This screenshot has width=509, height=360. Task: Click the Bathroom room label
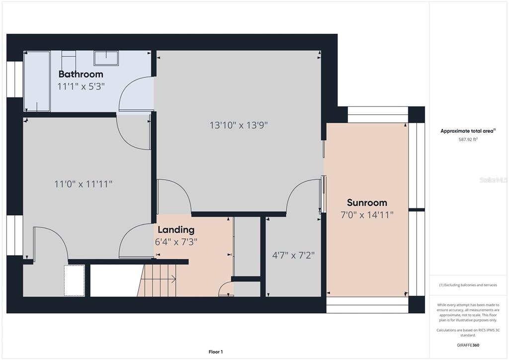click(81, 74)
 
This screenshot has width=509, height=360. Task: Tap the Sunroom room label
click(367, 202)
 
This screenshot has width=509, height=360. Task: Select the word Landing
click(176, 230)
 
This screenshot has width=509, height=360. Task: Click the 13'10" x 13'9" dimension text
click(239, 125)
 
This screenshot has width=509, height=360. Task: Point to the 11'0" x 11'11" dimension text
click(83, 184)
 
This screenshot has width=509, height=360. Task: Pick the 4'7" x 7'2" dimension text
click(293, 255)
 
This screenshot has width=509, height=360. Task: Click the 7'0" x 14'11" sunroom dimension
click(367, 215)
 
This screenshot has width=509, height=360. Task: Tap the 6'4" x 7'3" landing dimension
click(176, 242)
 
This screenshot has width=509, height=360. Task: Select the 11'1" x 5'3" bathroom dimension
click(81, 87)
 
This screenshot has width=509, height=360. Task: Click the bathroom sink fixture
click(106, 58)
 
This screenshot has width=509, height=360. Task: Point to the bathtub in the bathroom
click(37, 81)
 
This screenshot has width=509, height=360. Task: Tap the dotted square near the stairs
click(75, 280)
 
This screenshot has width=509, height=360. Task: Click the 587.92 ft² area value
click(468, 140)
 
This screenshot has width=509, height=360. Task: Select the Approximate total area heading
click(468, 131)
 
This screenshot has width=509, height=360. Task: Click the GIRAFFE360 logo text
click(468, 345)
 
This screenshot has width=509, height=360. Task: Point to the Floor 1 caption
click(216, 352)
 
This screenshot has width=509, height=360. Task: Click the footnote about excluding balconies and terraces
click(468, 285)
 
